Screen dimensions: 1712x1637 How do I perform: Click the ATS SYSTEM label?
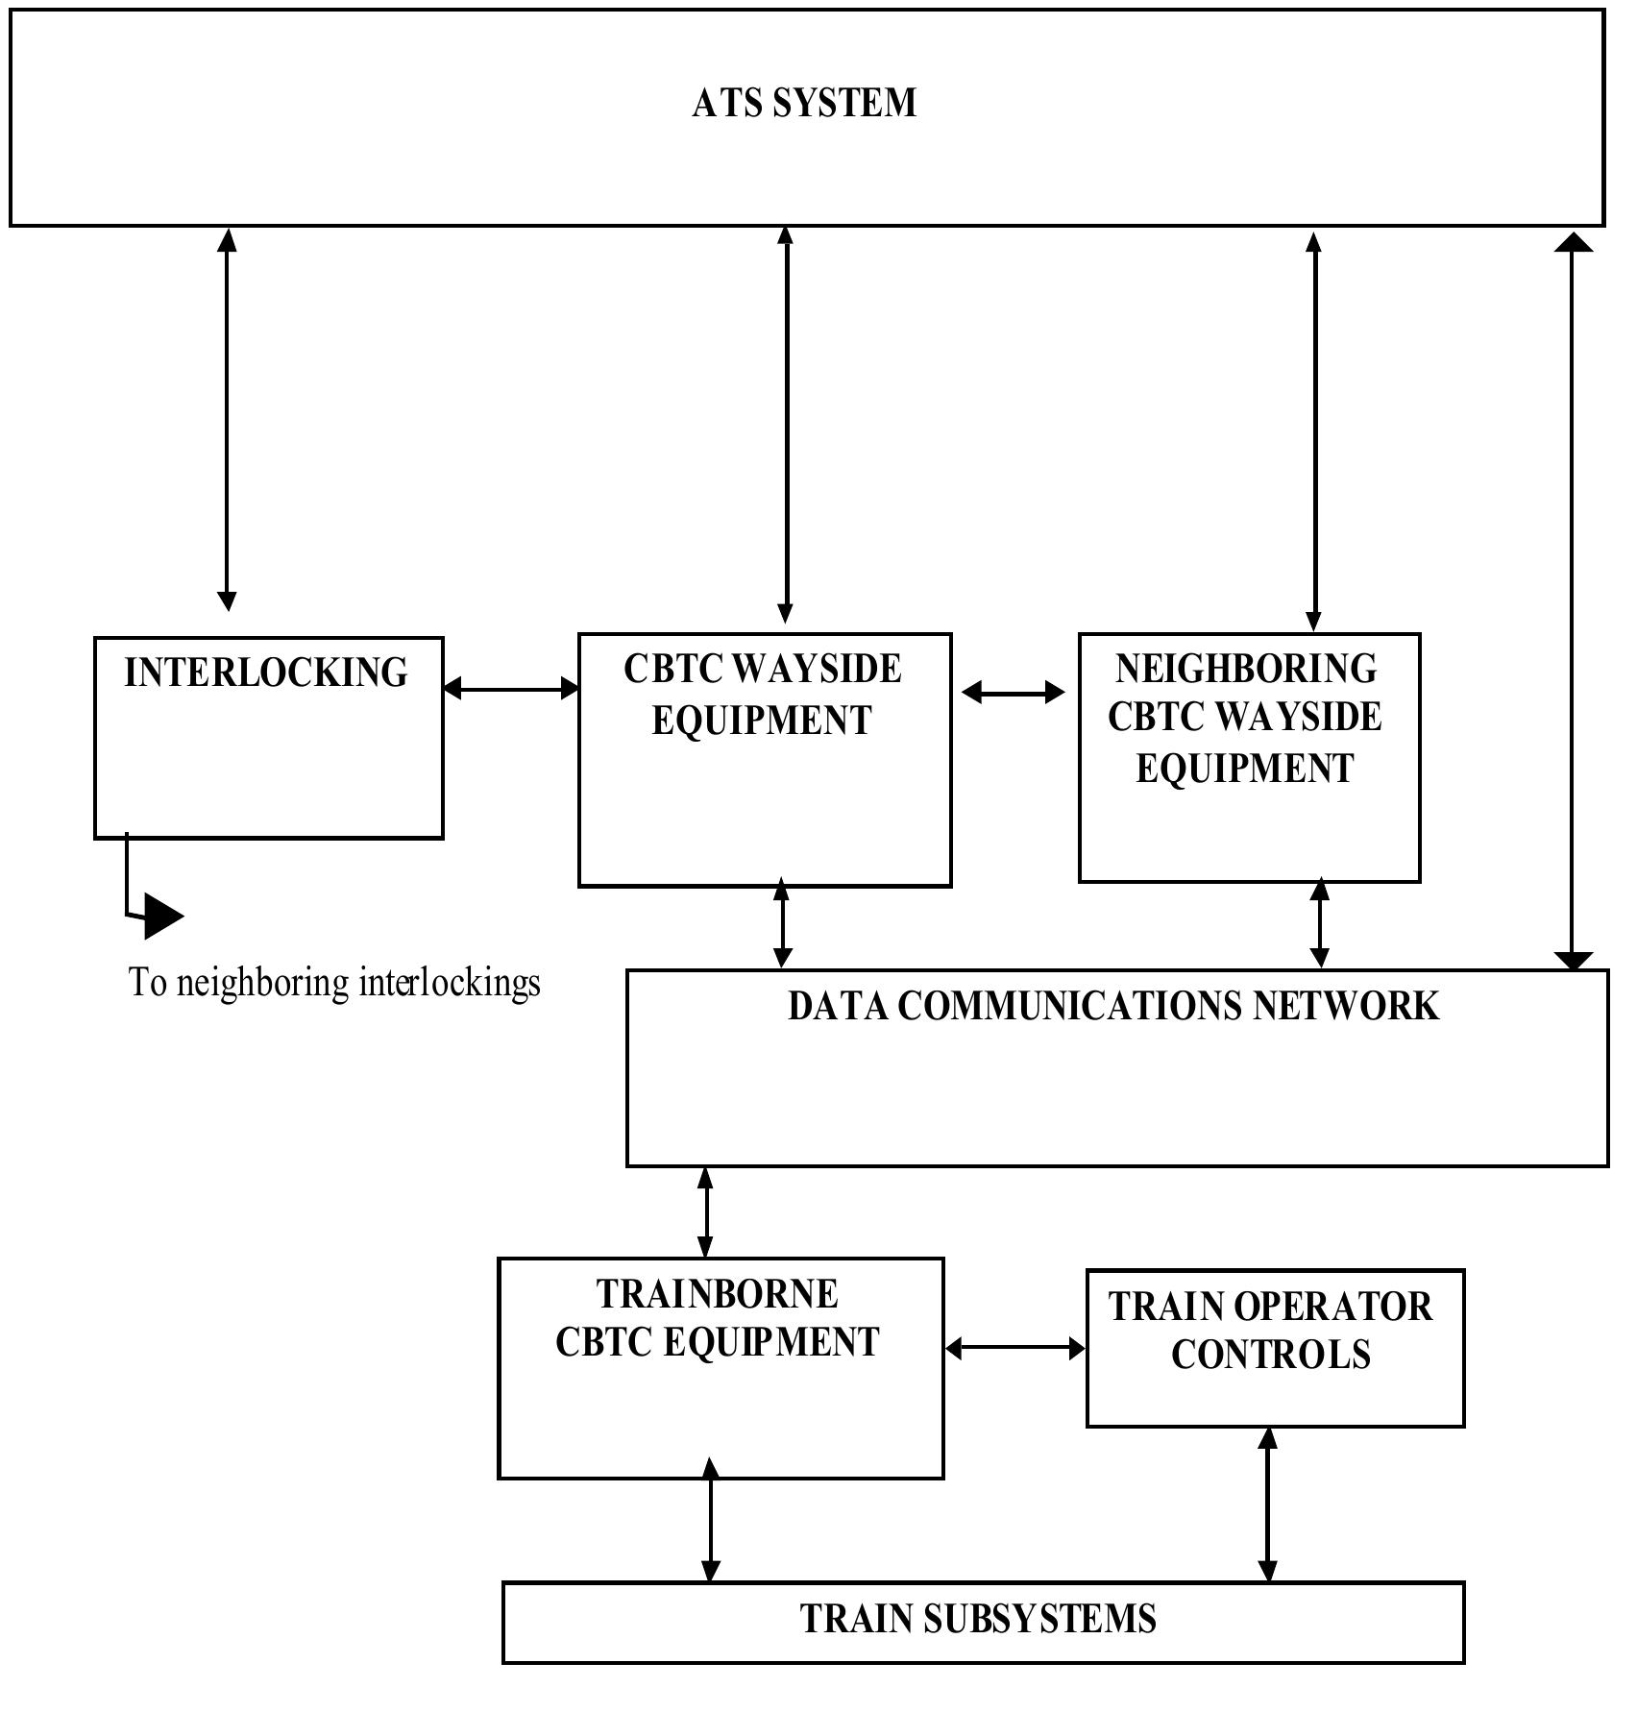tap(804, 103)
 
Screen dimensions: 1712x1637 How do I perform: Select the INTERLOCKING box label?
tap(266, 673)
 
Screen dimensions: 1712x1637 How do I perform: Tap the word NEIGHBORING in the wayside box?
tap(1246, 669)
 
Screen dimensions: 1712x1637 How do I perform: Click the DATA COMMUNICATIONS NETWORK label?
tap(1113, 1006)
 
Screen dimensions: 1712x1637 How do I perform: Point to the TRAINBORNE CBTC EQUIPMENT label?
tap(718, 1318)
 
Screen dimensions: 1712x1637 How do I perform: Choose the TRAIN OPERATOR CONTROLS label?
tap(1270, 1331)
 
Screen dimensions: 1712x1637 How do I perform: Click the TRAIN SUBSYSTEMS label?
tap(978, 1619)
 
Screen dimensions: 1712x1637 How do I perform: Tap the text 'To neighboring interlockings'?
tap(334, 983)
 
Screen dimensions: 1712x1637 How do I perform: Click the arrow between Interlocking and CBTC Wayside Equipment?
tap(511, 688)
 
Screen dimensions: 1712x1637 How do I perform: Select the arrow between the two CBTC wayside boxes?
tap(1014, 692)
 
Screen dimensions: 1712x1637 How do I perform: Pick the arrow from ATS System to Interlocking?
tap(227, 419)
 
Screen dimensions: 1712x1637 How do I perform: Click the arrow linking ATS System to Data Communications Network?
tap(1573, 600)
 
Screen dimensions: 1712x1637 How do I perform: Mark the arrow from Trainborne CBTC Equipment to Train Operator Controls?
tap(1015, 1349)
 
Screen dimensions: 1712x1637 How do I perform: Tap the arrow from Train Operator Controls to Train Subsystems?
tap(1268, 1504)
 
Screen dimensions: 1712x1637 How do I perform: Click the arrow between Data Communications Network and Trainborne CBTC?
tap(706, 1212)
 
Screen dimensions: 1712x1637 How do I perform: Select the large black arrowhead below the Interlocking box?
tap(161, 915)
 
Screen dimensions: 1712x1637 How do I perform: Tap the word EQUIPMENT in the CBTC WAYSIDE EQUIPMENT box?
tap(762, 721)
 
